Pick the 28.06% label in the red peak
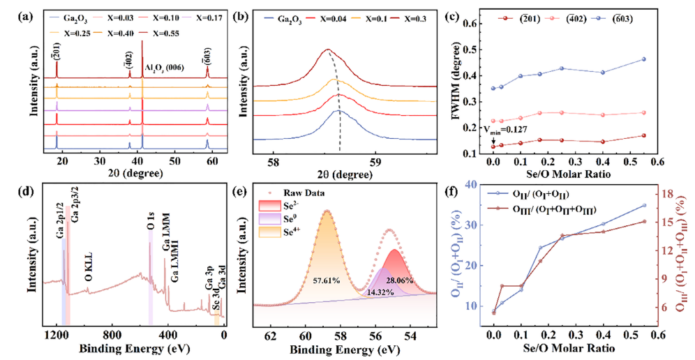(x=399, y=280)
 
